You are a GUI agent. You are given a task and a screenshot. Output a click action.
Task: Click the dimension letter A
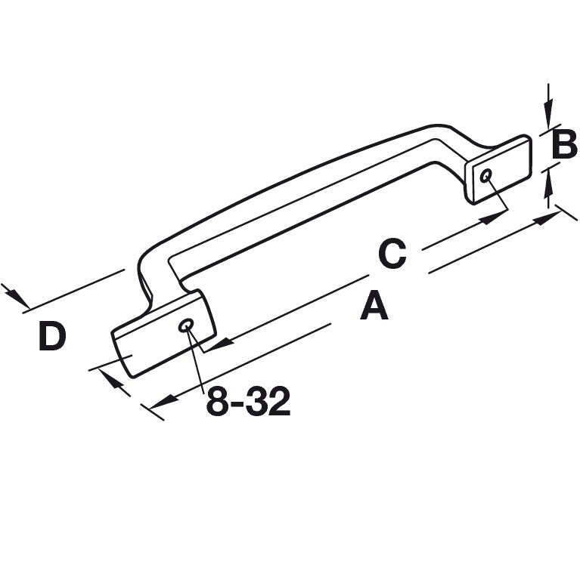(374, 307)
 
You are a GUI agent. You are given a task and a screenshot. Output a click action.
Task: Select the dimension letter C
(392, 255)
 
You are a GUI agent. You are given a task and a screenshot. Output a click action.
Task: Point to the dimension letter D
(52, 337)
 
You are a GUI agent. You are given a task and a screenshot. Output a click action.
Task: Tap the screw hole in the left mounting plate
(186, 325)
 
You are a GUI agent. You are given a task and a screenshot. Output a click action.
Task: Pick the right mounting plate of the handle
(500, 169)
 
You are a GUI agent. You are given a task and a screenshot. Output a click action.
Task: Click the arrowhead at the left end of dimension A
(160, 404)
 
